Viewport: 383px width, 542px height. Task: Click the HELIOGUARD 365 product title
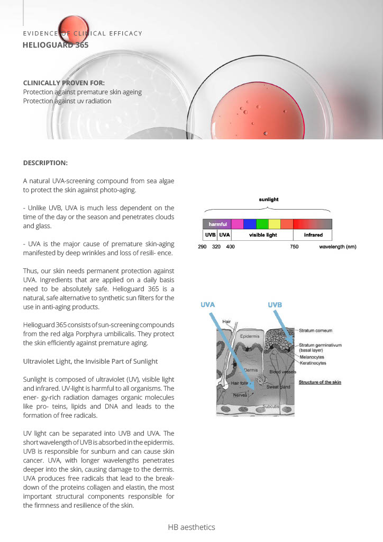click(x=56, y=46)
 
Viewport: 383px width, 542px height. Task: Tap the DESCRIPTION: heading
click(x=45, y=162)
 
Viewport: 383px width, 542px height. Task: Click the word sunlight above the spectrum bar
click(x=268, y=200)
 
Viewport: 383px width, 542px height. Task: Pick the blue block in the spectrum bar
click(x=250, y=224)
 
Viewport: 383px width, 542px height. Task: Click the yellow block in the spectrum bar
click(x=275, y=224)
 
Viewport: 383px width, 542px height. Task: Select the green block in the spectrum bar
click(x=262, y=224)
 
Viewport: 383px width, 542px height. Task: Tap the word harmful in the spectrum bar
click(x=217, y=224)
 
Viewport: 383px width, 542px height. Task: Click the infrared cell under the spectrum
click(x=313, y=234)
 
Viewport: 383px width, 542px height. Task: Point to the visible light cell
click(x=263, y=234)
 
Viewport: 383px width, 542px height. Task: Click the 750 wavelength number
click(x=295, y=247)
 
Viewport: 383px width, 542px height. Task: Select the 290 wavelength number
click(x=202, y=247)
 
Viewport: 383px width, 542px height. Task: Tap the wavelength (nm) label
click(x=338, y=247)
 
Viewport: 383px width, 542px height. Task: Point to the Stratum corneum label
click(x=315, y=330)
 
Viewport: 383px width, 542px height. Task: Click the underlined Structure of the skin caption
click(x=320, y=382)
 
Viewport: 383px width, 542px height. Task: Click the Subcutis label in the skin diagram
click(x=272, y=406)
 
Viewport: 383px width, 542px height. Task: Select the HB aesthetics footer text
click(x=191, y=527)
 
